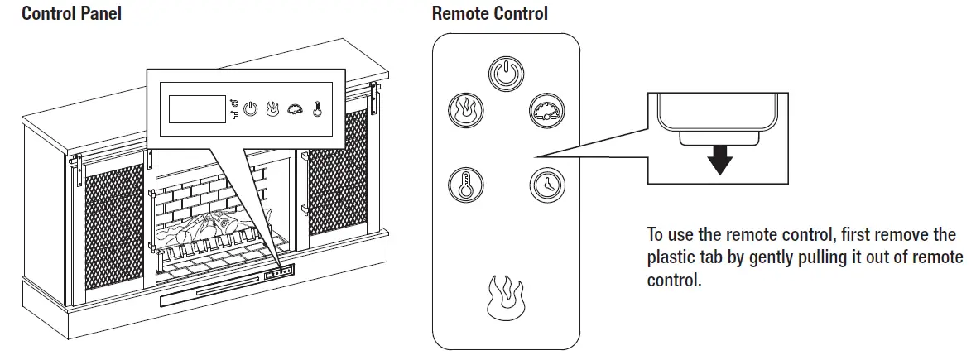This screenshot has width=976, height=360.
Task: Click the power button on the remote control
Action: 506,74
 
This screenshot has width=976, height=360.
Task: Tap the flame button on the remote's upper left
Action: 465,111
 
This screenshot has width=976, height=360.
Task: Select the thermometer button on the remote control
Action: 465,185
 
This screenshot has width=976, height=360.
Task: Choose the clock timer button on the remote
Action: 547,185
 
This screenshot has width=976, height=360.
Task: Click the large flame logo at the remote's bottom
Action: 505,298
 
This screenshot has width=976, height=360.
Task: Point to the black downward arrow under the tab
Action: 719,160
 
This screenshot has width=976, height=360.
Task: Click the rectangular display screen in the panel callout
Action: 197,109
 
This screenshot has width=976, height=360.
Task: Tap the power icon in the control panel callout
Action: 250,110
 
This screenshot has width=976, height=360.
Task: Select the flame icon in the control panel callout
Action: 272,110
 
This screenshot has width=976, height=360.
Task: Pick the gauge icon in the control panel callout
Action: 295,110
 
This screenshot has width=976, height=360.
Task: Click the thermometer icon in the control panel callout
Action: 317,110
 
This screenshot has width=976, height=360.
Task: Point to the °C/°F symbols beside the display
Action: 234,108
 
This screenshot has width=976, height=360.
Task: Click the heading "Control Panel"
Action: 71,13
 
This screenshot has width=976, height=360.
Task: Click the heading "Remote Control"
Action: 490,13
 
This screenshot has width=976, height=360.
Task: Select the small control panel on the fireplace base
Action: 278,271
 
